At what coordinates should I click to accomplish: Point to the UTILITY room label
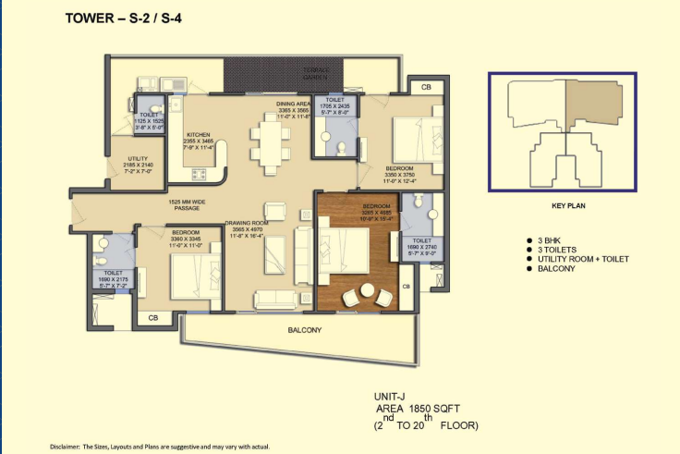[x=125, y=165]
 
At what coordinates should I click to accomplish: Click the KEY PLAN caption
[x=563, y=206]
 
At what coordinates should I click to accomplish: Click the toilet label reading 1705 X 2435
[x=335, y=106]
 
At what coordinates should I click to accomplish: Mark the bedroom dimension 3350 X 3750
[x=402, y=173]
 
